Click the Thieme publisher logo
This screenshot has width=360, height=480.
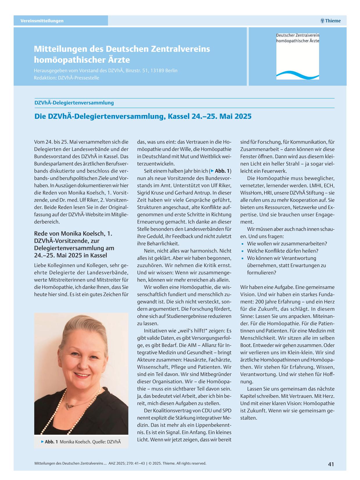330,21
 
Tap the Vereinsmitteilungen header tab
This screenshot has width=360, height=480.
42,21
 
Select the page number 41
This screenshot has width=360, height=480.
331,464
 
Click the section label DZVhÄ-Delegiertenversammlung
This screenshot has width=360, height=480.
74,103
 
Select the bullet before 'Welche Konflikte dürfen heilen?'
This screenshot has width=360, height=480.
242,251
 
